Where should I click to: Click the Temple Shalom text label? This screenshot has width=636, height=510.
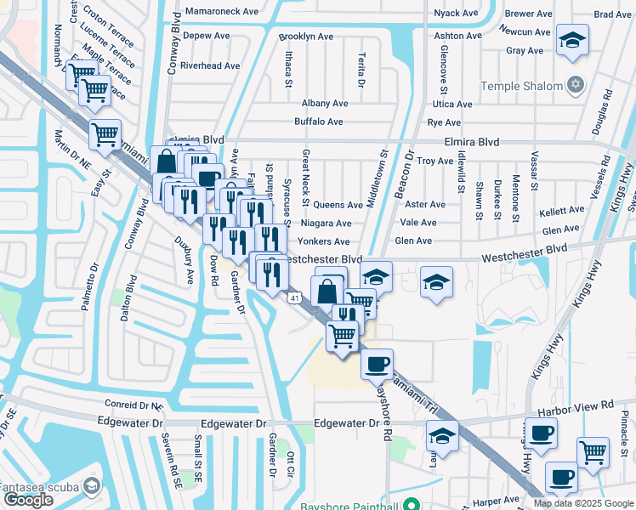point(521,86)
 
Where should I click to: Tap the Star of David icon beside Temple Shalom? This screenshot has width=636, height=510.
point(576,85)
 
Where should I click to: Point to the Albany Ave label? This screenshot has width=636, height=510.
point(325,103)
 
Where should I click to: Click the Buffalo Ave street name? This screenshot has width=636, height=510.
point(318,122)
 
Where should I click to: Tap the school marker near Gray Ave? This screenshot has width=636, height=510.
point(572,40)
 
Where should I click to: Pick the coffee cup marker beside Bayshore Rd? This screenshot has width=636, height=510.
point(377,364)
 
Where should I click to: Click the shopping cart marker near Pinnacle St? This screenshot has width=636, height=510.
point(593,451)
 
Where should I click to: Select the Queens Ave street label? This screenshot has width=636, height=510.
point(338,205)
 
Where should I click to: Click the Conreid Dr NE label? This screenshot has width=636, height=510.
point(132,405)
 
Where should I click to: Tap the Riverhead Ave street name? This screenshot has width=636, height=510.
point(210,65)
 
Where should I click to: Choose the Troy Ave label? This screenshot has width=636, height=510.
point(435,161)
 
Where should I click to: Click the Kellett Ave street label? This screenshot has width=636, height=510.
point(562,209)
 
